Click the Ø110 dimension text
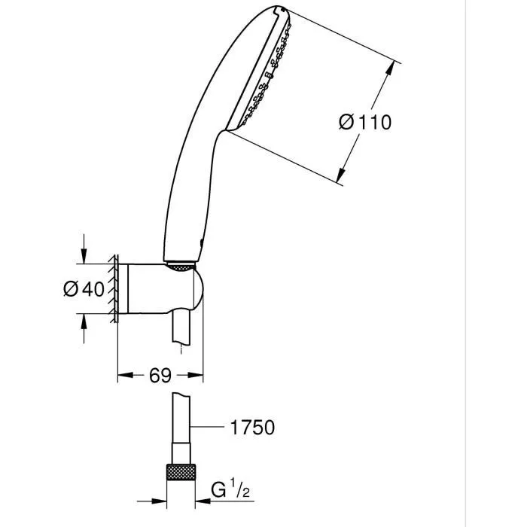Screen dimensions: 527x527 365,122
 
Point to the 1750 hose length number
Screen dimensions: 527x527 251,428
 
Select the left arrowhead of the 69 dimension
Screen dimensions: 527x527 123,374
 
